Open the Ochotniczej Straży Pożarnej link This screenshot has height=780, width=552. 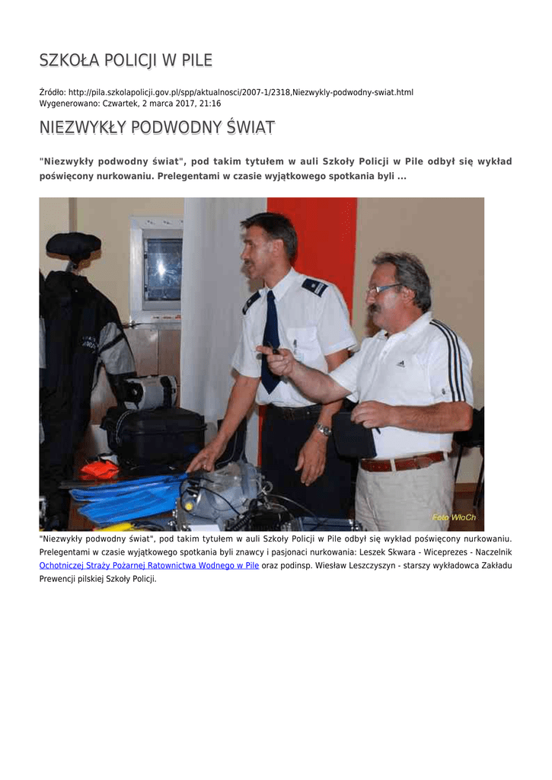(149, 566)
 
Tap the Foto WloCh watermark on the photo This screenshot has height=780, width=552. (454, 517)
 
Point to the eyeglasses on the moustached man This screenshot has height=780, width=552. (382, 289)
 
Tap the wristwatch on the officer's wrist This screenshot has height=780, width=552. (324, 430)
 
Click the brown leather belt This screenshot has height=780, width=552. (402, 462)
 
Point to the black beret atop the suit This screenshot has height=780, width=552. (73, 245)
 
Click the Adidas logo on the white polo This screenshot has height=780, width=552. (400, 363)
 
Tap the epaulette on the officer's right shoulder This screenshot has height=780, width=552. (314, 286)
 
